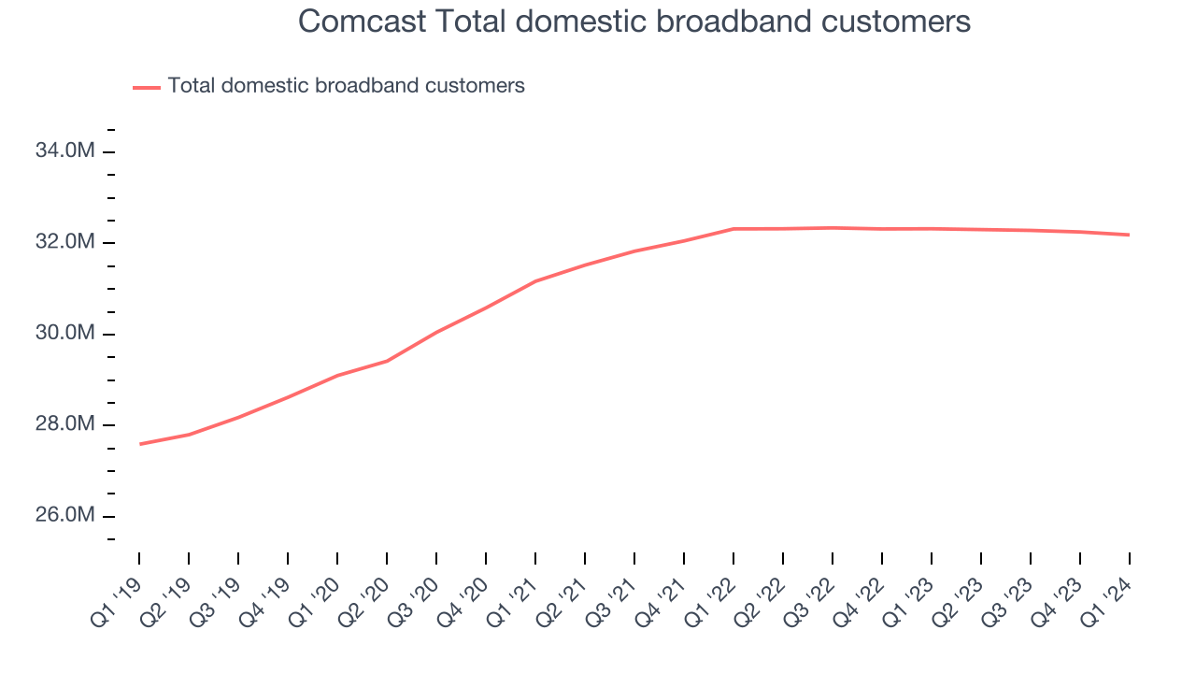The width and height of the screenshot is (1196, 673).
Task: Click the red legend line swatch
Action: pyautogui.click(x=147, y=87)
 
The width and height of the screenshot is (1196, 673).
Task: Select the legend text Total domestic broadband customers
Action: pyautogui.click(x=346, y=86)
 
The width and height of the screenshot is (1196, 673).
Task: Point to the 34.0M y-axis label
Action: pyautogui.click(x=64, y=151)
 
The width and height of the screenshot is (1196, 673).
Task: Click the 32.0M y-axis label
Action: pyautogui.click(x=64, y=243)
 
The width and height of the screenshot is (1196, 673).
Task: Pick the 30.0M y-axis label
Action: pyautogui.click(x=64, y=334)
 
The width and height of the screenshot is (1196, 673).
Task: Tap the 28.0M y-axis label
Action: pyautogui.click(x=64, y=425)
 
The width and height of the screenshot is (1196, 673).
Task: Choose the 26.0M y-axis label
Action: pyautogui.click(x=64, y=516)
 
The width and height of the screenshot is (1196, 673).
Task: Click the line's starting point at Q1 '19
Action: pyautogui.click(x=139, y=444)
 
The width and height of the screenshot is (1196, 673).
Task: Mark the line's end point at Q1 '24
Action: pyautogui.click(x=1129, y=235)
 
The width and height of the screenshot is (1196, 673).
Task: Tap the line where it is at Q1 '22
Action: pyautogui.click(x=733, y=229)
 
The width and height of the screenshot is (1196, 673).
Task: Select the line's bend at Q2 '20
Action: pyautogui.click(x=387, y=361)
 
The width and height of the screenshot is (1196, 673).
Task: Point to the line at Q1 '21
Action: pyautogui.click(x=535, y=281)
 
